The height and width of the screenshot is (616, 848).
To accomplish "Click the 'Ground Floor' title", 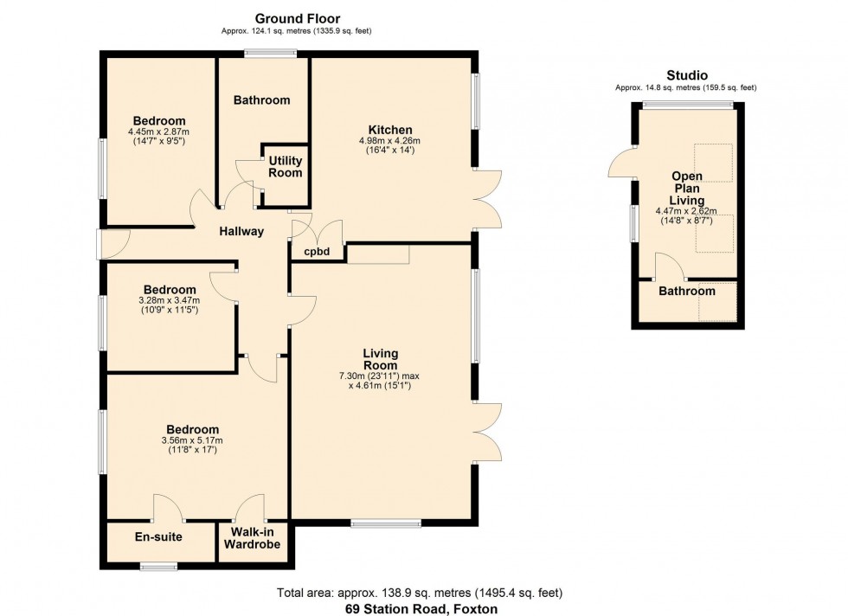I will tap(297, 18).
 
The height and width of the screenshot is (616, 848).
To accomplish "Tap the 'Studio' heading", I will tap(685, 75).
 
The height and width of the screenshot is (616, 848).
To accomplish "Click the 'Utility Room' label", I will tap(286, 166).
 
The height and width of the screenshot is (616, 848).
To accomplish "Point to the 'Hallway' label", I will tap(241, 231).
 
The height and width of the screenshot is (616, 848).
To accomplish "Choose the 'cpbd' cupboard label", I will tap(317, 253).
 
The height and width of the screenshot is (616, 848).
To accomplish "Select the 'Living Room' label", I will tap(380, 359).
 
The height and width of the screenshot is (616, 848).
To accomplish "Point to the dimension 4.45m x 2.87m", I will tap(159, 132).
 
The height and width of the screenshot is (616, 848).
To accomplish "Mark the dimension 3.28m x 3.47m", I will tap(169, 300).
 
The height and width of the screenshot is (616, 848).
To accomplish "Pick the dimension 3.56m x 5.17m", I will tap(192, 440).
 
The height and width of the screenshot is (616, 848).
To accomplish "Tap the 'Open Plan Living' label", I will tap(687, 188).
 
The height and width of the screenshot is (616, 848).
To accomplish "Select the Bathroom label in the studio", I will tap(687, 292).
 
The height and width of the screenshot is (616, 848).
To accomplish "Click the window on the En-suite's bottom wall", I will tap(158, 568).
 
